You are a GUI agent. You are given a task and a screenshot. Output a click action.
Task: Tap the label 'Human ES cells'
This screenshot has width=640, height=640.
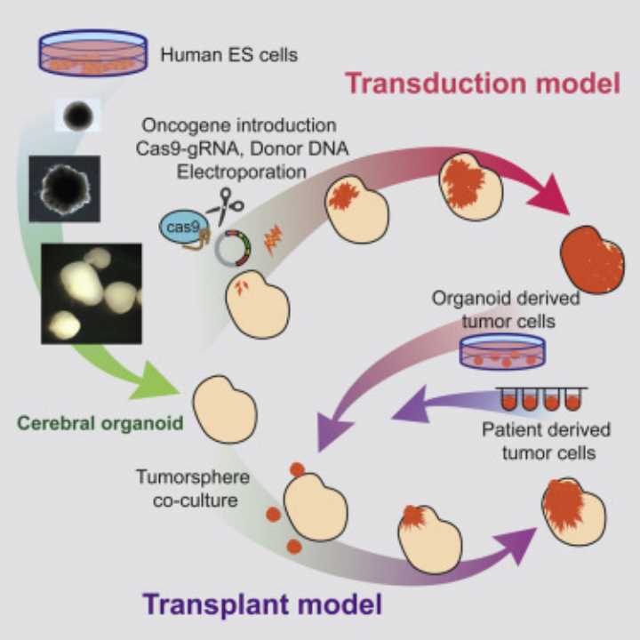click(x=229, y=55)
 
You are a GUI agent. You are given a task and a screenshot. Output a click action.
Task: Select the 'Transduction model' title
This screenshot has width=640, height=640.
click(x=482, y=84)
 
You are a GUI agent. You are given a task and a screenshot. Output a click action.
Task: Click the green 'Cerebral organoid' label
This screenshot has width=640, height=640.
click(x=99, y=423)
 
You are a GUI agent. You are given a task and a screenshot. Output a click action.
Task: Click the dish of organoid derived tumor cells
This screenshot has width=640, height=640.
click(x=502, y=353)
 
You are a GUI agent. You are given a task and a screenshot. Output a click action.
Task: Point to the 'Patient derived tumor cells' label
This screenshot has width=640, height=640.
click(x=546, y=441)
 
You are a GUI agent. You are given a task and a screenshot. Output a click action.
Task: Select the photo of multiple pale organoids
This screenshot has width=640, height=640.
click(x=92, y=292)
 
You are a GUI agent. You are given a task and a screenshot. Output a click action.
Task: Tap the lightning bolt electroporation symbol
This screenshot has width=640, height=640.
click(x=274, y=238)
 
